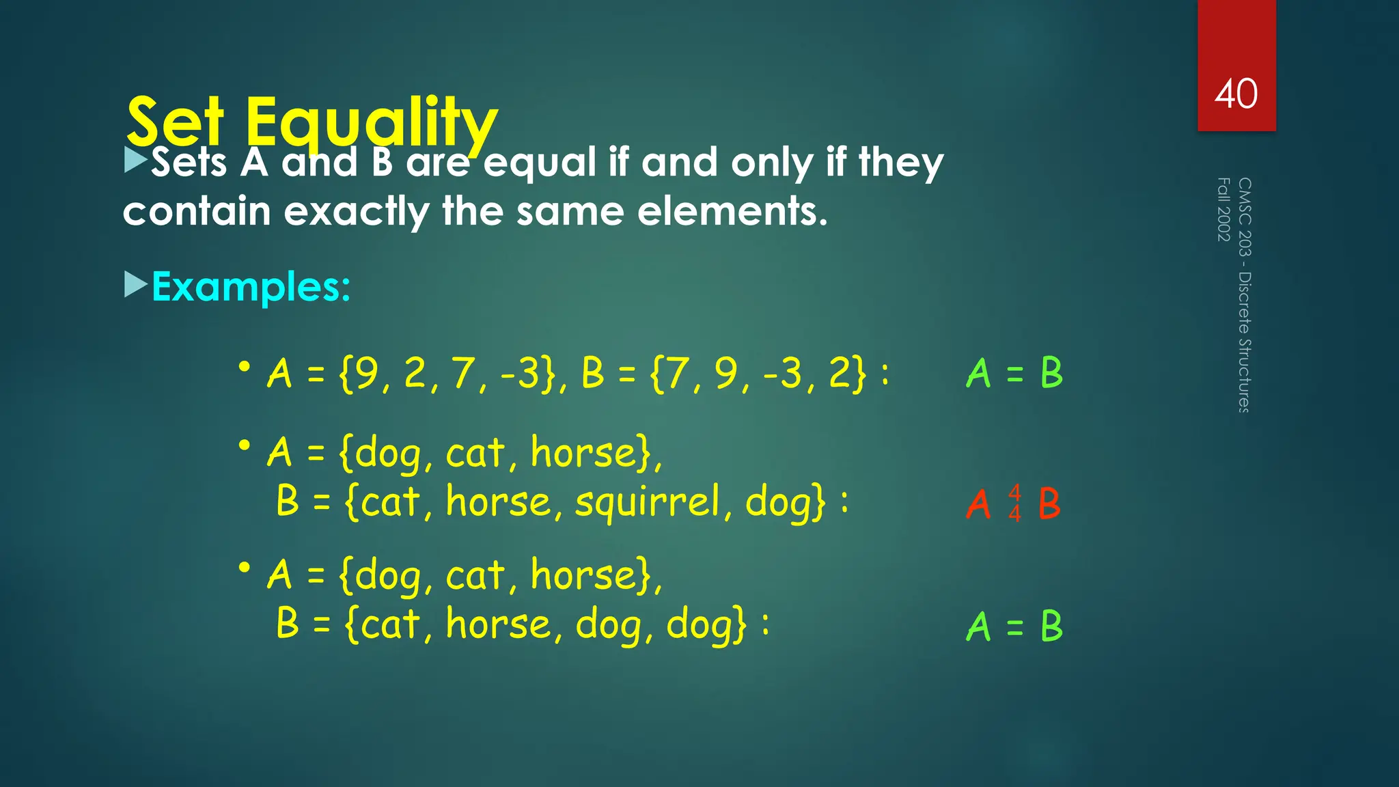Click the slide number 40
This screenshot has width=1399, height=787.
pos(1236,94)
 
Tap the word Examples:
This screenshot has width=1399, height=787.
pos(251,286)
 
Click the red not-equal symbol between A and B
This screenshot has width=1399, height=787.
pos(1015,503)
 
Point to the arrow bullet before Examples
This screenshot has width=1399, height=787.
pos(136,284)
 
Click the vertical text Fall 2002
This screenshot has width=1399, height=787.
pos(1223,209)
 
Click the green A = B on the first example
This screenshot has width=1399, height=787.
pos(1015,373)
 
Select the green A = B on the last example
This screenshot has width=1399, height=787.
pos(1015,626)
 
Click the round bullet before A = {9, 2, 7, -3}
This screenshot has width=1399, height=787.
pos(244,368)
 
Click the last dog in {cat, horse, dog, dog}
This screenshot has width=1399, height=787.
pos(706,624)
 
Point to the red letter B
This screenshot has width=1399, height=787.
pos(1049,503)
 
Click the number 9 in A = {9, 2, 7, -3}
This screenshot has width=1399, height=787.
pos(367,373)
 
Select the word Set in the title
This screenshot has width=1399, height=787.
pos(176,122)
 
